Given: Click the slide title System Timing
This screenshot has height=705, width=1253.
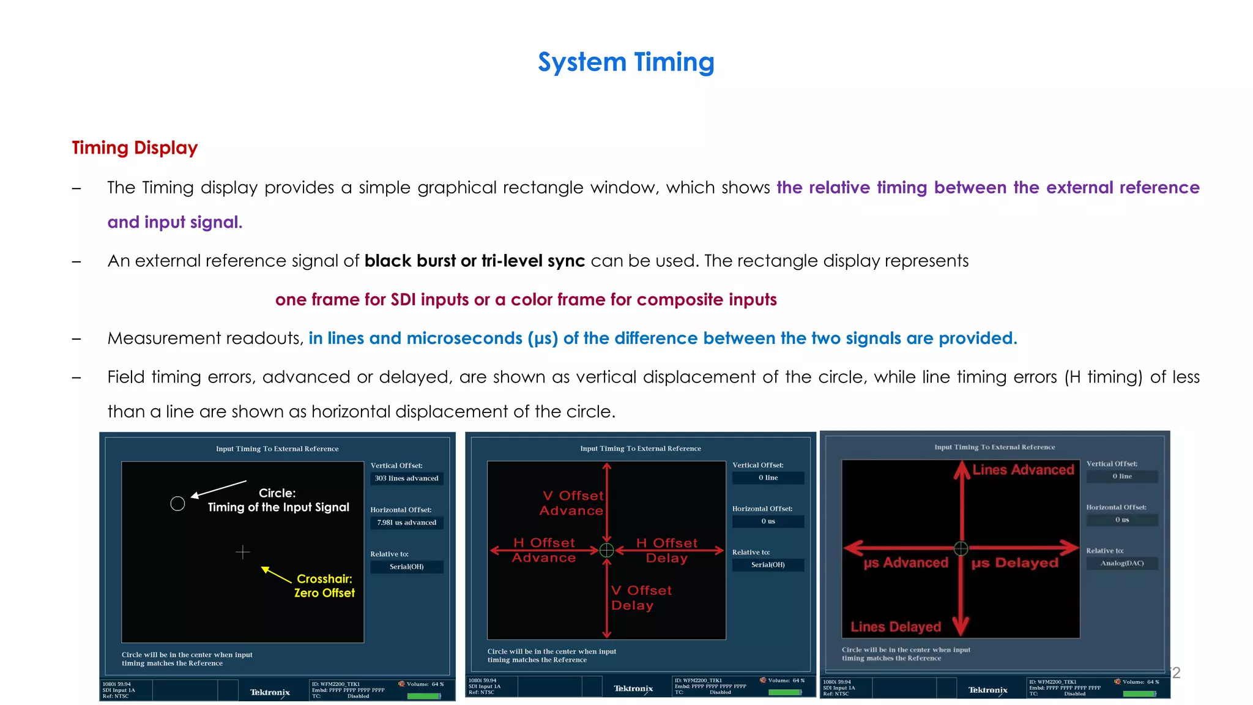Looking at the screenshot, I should tap(626, 62).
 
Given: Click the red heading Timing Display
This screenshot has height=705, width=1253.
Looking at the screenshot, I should tap(135, 147).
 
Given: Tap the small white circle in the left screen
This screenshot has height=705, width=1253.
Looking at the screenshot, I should tap(177, 504).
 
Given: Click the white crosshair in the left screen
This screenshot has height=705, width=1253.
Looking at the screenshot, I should tap(243, 553).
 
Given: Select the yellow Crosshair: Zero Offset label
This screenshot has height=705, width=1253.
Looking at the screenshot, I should tap(324, 586).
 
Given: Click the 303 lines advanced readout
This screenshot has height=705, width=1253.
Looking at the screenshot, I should tap(406, 479).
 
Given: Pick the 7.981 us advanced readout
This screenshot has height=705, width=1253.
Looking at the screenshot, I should tap(406, 523).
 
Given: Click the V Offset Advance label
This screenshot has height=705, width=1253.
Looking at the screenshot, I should tap(572, 503).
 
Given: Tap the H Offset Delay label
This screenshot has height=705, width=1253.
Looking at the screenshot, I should tap(667, 550).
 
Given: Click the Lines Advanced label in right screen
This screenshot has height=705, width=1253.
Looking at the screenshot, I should tap(1023, 470).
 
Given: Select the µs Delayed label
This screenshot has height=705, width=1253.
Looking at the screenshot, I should tap(1015, 563).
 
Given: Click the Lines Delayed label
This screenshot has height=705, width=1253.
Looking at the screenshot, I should tap(896, 627).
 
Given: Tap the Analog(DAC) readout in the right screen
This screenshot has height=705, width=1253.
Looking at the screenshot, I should tap(1121, 563).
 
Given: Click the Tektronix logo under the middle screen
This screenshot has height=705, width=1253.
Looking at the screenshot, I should tap(633, 689).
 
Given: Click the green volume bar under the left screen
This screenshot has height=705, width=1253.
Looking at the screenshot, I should tap(423, 696).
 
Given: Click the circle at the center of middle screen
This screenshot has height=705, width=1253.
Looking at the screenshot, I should tap(606, 550).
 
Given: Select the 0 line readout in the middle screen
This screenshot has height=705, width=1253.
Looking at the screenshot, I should tap(768, 477).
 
